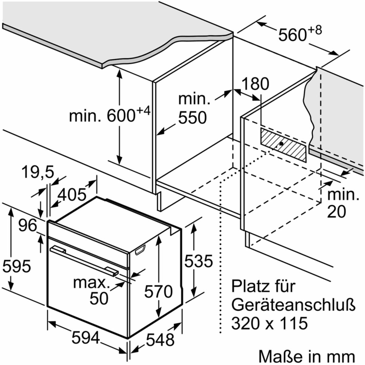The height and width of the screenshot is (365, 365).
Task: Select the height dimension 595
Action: [x=17, y=266]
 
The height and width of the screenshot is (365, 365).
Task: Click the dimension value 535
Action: [x=199, y=261]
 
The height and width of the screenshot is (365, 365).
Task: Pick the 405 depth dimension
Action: [x=72, y=195]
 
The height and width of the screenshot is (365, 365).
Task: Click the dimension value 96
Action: [x=28, y=225]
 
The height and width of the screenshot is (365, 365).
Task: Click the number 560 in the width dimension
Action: [x=292, y=35]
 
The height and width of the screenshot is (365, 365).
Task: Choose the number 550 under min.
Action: [x=193, y=117]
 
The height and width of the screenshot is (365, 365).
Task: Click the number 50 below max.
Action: [x=99, y=299]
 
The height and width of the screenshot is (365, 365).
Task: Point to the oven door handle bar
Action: [x=84, y=262]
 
